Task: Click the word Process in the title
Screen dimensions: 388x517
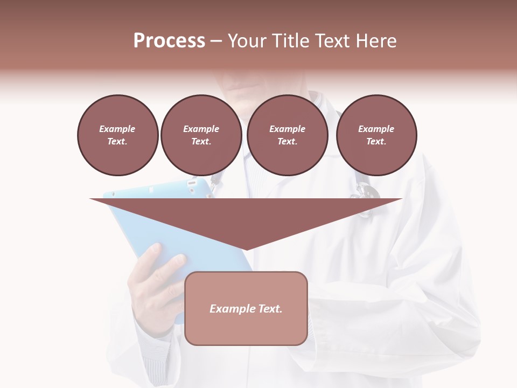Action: tap(169, 41)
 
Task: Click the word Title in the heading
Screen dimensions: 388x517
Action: tap(291, 41)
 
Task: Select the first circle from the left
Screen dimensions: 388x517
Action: tap(117, 135)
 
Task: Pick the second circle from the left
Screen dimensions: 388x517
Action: tap(201, 135)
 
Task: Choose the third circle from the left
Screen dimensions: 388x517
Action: tap(287, 135)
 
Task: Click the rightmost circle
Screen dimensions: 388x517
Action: tap(376, 135)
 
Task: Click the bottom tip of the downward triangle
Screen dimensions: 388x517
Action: tap(246, 249)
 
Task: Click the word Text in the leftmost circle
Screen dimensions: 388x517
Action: tap(117, 142)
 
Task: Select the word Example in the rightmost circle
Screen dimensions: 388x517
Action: tap(376, 129)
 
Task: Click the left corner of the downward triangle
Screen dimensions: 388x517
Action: tap(92, 199)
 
